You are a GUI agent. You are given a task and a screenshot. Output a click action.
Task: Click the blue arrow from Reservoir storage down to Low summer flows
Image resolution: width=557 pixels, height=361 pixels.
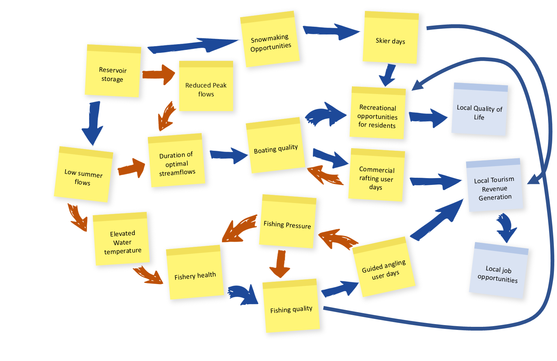click(92, 123)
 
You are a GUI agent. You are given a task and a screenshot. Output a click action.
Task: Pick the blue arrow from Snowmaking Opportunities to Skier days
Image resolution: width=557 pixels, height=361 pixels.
click(331, 31)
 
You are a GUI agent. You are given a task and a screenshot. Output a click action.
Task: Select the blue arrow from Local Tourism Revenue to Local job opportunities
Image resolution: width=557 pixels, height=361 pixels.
click(506, 227)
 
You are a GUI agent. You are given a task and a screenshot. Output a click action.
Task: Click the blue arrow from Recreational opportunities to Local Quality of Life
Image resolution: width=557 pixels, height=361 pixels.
click(428, 118)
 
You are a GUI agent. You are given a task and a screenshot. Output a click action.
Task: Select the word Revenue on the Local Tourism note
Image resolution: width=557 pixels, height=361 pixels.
click(495, 189)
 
